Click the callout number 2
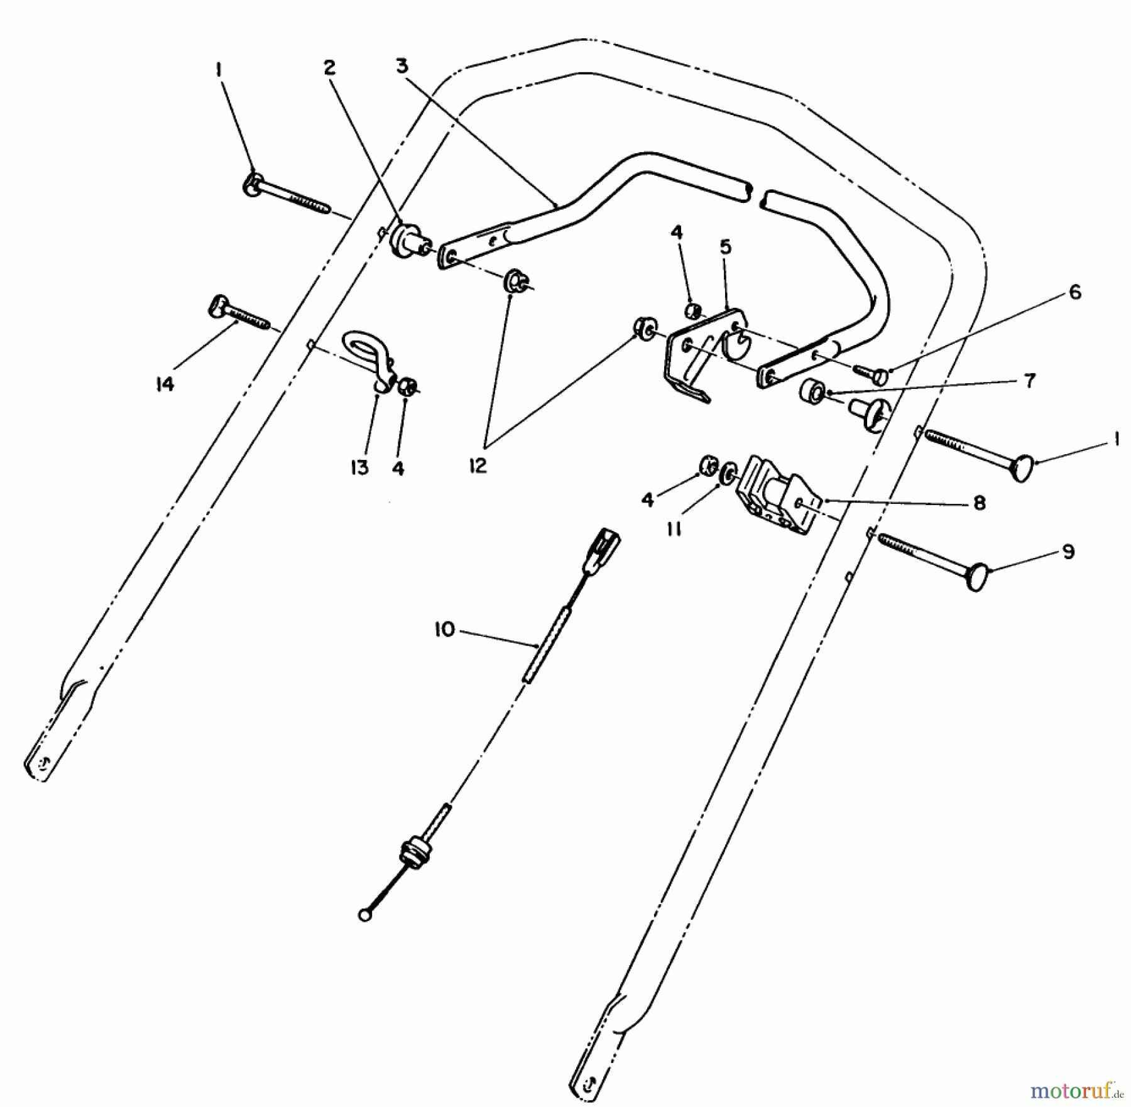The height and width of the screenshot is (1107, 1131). click(x=330, y=67)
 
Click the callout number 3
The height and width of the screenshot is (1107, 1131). click(x=402, y=65)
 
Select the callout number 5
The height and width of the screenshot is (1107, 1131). click(x=726, y=247)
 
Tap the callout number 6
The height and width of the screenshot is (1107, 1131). click(x=1075, y=292)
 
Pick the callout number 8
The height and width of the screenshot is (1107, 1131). click(x=979, y=503)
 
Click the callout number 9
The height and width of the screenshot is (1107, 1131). click(x=1068, y=552)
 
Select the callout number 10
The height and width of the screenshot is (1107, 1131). click(x=444, y=630)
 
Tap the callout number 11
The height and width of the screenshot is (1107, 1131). click(x=674, y=530)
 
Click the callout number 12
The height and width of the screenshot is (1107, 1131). click(x=478, y=466)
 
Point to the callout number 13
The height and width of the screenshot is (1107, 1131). click(x=359, y=467)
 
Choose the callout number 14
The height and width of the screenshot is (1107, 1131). click(x=165, y=384)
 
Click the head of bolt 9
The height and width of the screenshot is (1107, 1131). click(x=977, y=577)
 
